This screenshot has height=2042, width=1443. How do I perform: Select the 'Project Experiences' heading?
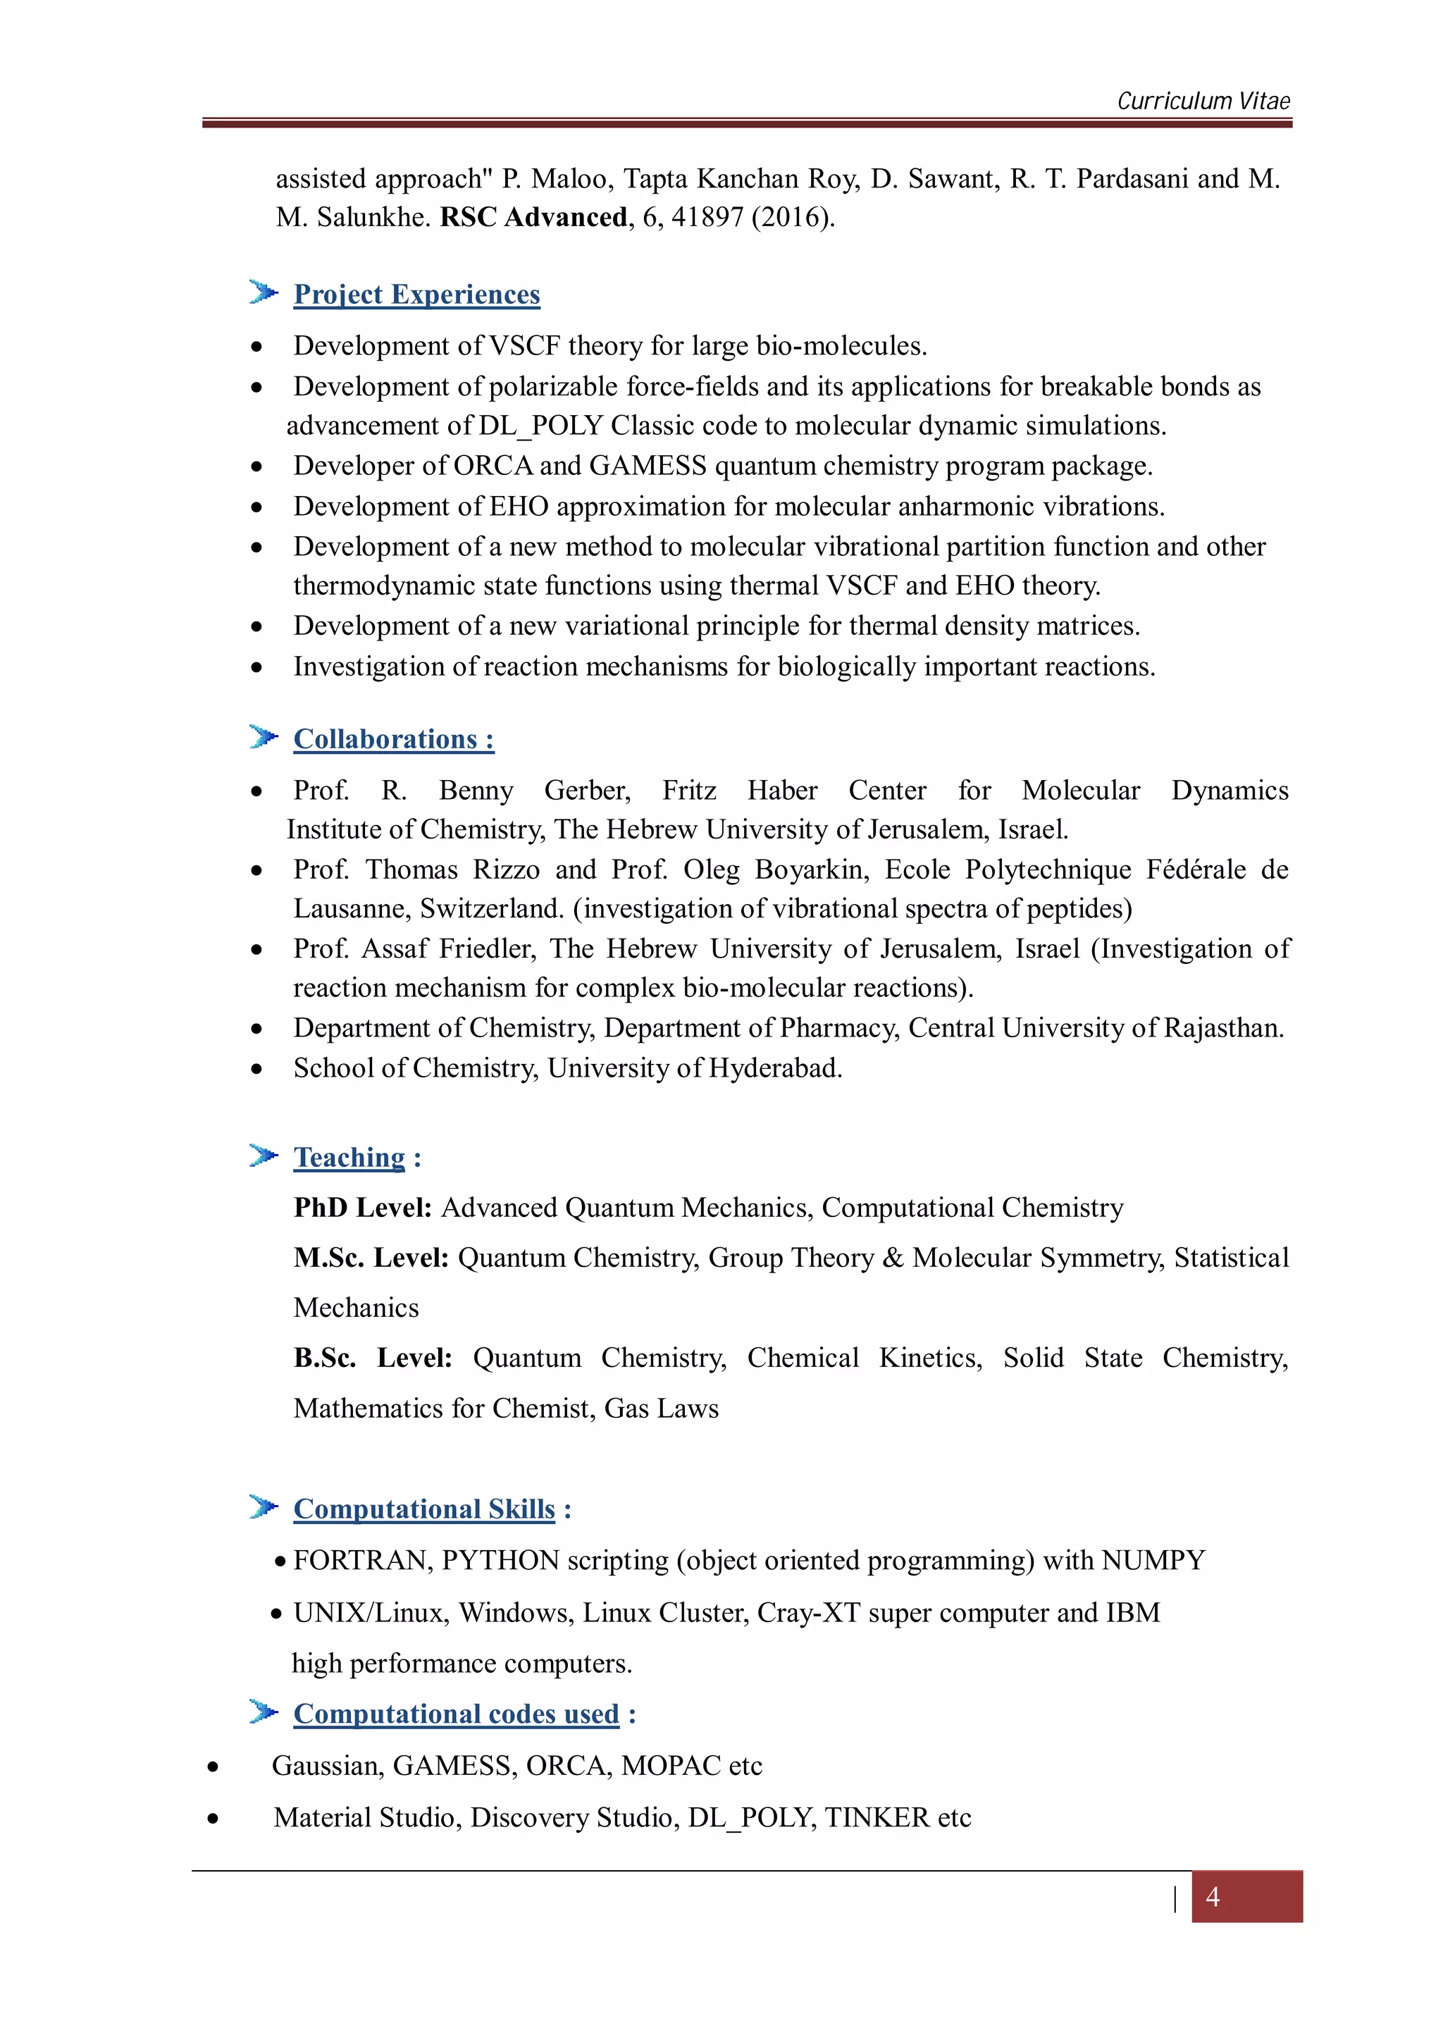[x=416, y=295]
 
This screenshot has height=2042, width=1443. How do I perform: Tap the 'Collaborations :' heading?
[x=393, y=739]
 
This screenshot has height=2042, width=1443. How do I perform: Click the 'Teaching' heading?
[x=349, y=1157]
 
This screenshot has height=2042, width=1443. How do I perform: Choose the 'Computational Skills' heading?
[x=424, y=1509]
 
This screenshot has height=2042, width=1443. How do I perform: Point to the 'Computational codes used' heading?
[x=456, y=1713]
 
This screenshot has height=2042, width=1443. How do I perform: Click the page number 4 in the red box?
[x=1212, y=1897]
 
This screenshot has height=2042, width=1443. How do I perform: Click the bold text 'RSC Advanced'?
[x=533, y=217]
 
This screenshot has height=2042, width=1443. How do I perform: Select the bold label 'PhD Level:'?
[x=363, y=1208]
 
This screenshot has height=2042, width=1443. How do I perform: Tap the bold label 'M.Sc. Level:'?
[x=371, y=1258]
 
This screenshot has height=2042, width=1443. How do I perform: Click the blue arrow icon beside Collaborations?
[x=264, y=737]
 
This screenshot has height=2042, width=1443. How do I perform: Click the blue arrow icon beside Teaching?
[x=264, y=1156]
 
